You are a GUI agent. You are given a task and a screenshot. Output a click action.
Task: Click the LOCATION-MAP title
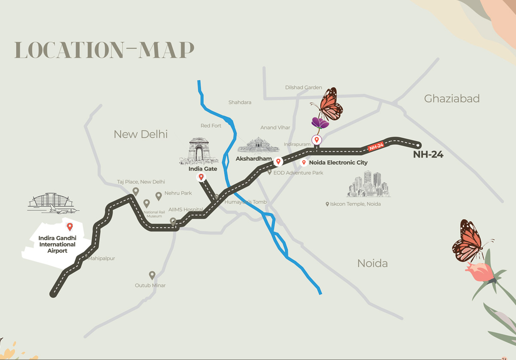click(104, 50)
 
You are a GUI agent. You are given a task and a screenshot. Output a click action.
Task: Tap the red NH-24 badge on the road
click(376, 146)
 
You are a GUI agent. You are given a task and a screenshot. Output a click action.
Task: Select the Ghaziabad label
click(451, 99)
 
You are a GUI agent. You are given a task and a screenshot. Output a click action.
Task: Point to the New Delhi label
click(140, 134)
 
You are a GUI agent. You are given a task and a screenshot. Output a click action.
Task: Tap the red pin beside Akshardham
click(278, 162)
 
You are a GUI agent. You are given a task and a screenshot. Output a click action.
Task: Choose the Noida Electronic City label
click(338, 163)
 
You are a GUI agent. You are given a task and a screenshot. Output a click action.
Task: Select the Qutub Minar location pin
click(152, 275)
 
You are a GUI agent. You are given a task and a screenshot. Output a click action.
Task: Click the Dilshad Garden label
click(303, 88)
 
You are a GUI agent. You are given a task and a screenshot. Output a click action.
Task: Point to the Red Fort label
click(211, 126)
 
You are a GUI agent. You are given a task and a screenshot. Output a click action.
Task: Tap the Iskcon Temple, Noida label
click(356, 204)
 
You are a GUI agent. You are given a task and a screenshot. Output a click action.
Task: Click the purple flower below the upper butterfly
click(320, 122)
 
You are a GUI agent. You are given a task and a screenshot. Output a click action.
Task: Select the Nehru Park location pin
click(158, 196)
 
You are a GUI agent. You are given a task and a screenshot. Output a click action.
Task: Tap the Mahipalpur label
click(101, 259)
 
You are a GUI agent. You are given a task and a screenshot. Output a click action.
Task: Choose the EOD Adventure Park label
click(298, 173)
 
